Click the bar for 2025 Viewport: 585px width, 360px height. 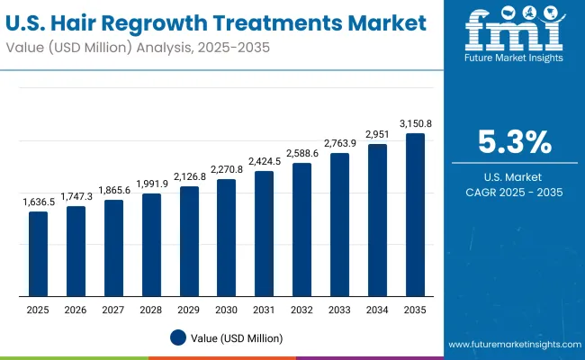tap(38, 254)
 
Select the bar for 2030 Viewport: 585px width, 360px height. tap(226, 238)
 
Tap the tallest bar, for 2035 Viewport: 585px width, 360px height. tap(415, 215)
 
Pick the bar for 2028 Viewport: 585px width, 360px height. tap(151, 245)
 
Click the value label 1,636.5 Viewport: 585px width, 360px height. tap(38, 203)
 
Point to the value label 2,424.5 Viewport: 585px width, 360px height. tap(264, 163)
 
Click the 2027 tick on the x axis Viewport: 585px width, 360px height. tap(113, 309)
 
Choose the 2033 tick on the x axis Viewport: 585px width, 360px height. tap(339, 309)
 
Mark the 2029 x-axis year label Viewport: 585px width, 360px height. tap(189, 309)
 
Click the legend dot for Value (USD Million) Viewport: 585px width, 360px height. tap(178, 338)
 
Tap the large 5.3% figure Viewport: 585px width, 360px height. tap(515, 143)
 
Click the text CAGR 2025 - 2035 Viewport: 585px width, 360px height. tap(515, 193)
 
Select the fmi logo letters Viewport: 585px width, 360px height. tap(514, 34)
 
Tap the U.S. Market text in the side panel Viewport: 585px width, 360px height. tap(515, 176)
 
